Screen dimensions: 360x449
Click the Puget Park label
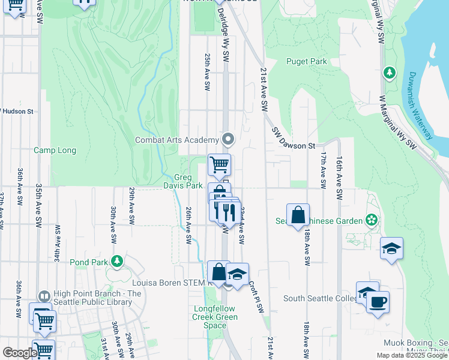coord(306,61)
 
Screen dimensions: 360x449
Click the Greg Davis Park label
coord(188,181)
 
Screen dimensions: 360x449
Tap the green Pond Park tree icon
coord(118,262)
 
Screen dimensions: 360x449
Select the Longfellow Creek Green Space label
coord(214,317)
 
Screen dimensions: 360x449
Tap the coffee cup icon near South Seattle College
coord(378,302)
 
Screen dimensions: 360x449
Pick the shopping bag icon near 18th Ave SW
coord(298,215)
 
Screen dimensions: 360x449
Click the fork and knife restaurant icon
coord(228,212)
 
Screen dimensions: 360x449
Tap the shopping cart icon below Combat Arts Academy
coord(219,163)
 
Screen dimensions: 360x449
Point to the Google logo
coord(19,353)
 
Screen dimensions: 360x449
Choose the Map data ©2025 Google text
coord(412,355)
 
